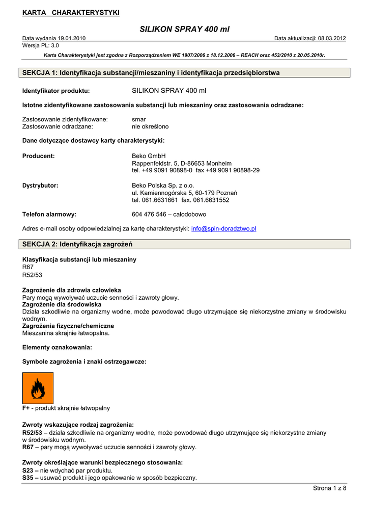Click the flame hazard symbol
(38, 388)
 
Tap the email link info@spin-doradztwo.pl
(223, 229)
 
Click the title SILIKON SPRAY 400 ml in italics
(184, 30)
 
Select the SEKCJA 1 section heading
(151, 73)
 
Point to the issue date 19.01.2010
(71, 38)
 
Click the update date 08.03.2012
(332, 38)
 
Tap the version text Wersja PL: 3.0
(41, 45)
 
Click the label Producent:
(39, 156)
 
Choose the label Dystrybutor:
(40, 186)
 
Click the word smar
(138, 119)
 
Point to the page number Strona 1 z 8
(329, 488)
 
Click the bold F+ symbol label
(26, 408)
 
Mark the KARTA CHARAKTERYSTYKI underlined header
(71, 13)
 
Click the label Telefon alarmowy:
(49, 215)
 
